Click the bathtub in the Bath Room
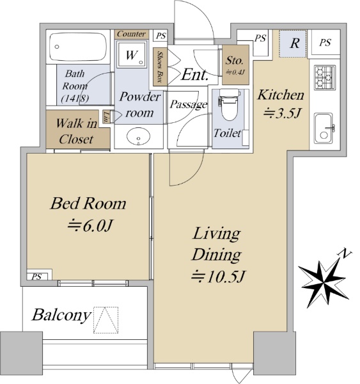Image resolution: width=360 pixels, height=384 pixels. [78, 47]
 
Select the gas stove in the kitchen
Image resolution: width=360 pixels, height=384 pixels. [325, 77]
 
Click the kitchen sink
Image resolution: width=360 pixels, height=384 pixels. [324, 128]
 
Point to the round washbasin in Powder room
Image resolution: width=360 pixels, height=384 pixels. [138, 136]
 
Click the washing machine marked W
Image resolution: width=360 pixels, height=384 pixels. [132, 54]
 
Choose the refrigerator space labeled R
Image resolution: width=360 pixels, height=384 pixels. [293, 44]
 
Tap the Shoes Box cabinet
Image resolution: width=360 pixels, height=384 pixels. [160, 67]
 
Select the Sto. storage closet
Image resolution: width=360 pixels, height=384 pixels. [235, 65]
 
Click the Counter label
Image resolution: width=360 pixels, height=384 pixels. [131, 34]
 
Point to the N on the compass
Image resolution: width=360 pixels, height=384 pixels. [345, 254]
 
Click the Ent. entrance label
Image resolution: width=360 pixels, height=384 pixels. [194, 74]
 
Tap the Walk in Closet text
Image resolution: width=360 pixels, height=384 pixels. [76, 131]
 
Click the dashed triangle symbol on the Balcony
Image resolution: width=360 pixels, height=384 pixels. [106, 319]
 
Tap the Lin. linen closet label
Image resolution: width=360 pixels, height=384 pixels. [106, 116]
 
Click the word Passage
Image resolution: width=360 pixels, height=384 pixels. [189, 104]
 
